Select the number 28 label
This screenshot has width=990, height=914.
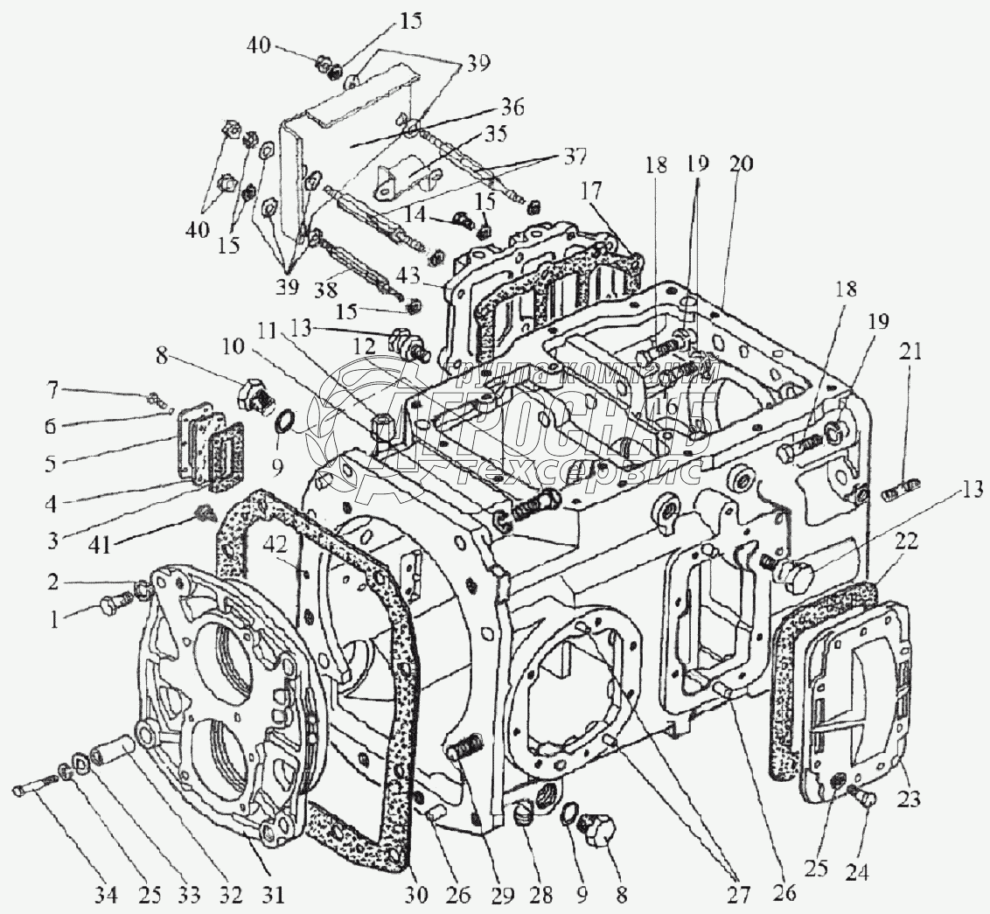[x=542, y=895]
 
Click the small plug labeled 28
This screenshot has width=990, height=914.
[x=525, y=815]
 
